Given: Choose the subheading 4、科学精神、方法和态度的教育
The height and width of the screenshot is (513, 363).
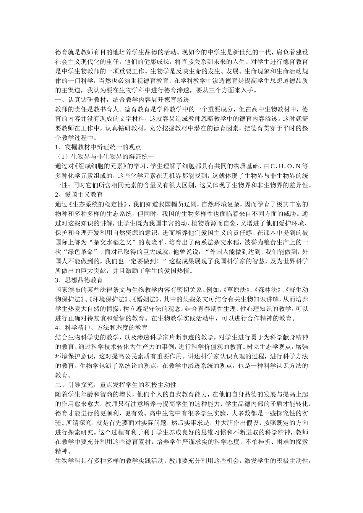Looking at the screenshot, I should [x=102, y=327].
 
